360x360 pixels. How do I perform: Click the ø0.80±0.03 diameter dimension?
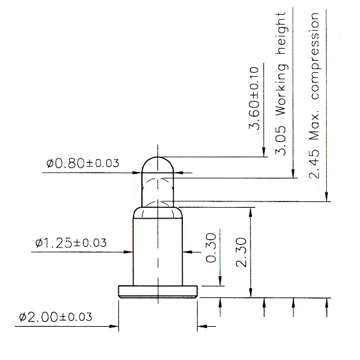point(82,163)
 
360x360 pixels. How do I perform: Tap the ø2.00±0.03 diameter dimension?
point(55,317)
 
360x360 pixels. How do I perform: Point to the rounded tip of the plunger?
point(157,162)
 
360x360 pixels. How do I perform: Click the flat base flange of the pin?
point(157,292)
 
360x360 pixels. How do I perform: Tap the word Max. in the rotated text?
point(314,127)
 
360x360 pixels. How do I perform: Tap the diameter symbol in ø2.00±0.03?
point(23,317)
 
